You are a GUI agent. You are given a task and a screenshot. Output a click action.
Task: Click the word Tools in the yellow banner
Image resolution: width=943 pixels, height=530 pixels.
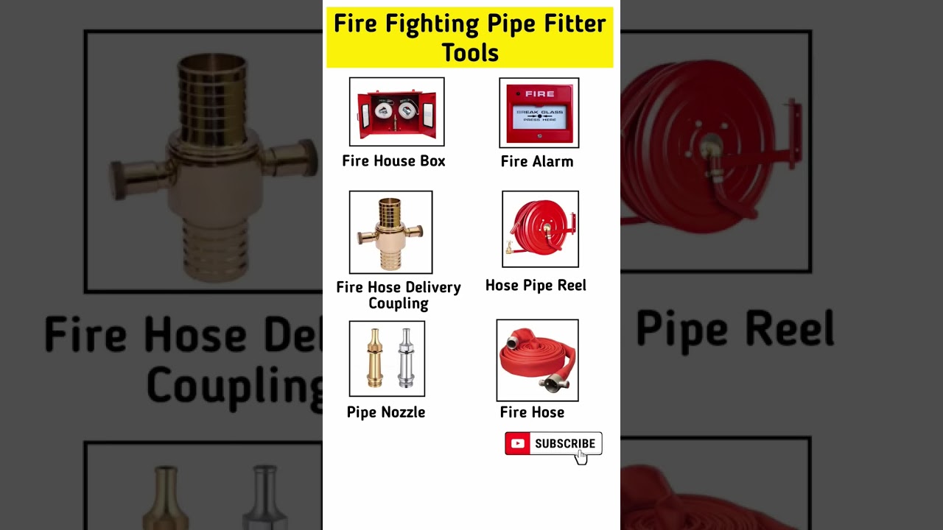coord(470,52)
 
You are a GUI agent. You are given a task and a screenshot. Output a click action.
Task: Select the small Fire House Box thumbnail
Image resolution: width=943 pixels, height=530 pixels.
coord(396,112)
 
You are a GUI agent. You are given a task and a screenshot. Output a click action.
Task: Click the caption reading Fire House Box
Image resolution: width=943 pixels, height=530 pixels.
coord(393,160)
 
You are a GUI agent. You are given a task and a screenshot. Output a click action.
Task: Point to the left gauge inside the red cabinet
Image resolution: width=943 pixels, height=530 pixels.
coord(382,110)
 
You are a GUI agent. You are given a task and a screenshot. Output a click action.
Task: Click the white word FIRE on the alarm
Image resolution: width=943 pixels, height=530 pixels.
coord(539,94)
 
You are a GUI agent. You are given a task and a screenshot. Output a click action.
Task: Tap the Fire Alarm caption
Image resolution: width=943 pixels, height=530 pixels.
coord(536,161)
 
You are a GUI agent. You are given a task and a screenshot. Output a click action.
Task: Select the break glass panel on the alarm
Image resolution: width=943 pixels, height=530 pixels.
coord(539,117)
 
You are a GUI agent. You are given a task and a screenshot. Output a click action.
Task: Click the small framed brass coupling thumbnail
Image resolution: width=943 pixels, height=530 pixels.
coord(390,232)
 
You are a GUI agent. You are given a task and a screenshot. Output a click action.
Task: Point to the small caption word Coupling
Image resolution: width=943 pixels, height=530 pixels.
coord(399,303)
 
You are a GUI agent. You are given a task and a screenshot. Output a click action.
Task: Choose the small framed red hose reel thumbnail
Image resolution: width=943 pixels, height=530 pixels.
coord(540,229)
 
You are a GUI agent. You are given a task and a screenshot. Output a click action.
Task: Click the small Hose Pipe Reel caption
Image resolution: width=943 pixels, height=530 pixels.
coord(536,285)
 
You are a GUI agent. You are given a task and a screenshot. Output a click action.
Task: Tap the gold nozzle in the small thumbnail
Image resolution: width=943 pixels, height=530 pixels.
coord(376,358)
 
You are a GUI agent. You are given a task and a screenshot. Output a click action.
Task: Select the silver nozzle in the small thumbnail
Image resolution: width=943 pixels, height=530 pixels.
coord(405,358)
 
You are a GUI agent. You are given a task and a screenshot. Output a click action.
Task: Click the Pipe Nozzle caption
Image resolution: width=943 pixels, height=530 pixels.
coord(386,411)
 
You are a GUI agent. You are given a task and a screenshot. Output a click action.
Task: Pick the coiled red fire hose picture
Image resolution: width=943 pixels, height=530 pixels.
coord(537,360)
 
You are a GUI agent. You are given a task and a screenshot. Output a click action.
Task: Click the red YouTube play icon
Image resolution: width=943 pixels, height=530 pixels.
coord(517,443)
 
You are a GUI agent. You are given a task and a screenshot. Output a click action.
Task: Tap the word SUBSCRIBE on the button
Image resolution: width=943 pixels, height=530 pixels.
coord(564,443)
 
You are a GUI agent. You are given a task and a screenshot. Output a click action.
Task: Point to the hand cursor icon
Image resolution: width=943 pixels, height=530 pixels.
coord(581,456)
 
